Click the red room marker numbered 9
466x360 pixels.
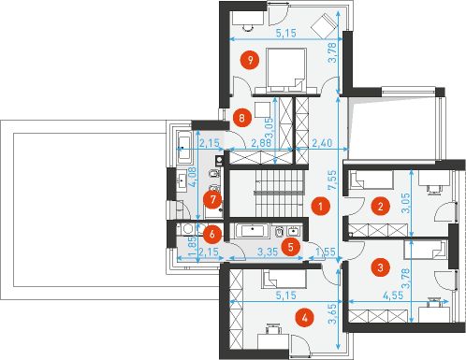click(x=250, y=60)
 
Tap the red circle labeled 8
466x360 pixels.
click(x=241, y=118)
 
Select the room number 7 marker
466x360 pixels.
click(x=212, y=199)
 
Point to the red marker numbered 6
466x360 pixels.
click(x=212, y=234)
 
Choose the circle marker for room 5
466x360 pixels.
click(x=291, y=247)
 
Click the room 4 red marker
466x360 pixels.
click(x=305, y=318)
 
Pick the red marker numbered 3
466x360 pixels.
click(x=381, y=267)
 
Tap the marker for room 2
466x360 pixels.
click(x=381, y=206)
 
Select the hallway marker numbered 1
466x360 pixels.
click(x=321, y=206)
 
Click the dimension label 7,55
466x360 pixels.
click(x=332, y=180)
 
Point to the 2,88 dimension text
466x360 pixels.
click(x=261, y=143)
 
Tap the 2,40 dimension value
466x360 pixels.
click(x=322, y=143)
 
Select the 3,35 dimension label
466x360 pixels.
click(x=268, y=252)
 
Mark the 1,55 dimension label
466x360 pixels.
click(x=326, y=252)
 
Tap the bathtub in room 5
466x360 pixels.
click(x=252, y=231)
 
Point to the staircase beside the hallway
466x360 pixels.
click(x=280, y=194)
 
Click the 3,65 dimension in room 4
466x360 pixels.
click(x=332, y=314)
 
